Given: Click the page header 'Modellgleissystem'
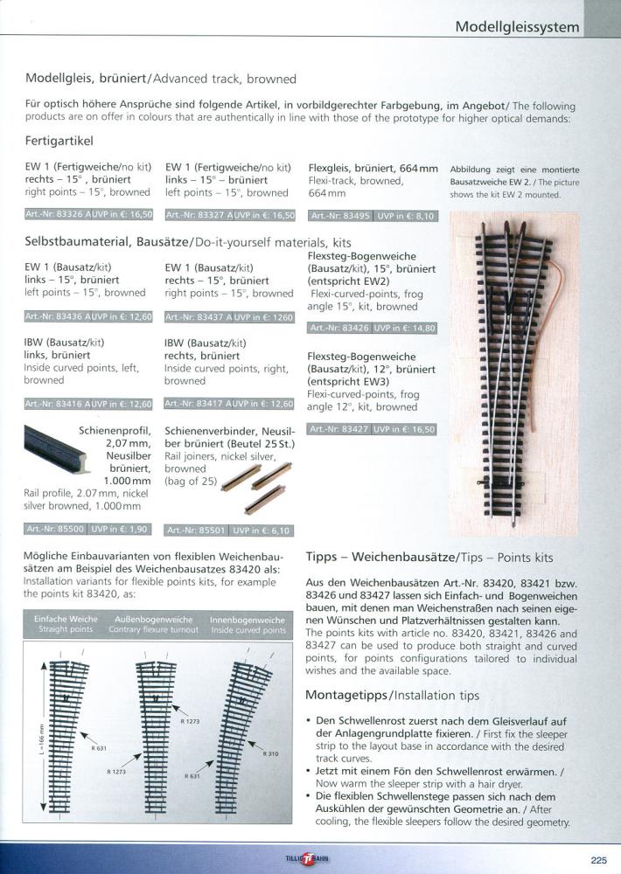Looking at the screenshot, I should tap(517, 27).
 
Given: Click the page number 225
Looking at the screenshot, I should tap(598, 857).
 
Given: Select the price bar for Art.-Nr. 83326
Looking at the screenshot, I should tap(88, 214).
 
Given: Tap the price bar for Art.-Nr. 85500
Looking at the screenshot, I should tap(88, 529).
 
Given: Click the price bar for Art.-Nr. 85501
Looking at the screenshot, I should tap(228, 530).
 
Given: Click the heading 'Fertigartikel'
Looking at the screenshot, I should tap(59, 141).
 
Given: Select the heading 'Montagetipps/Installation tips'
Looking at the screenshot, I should tap(392, 696).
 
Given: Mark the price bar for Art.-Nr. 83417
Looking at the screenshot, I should tap(228, 404).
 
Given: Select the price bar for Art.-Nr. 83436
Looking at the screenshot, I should tap(88, 316).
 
